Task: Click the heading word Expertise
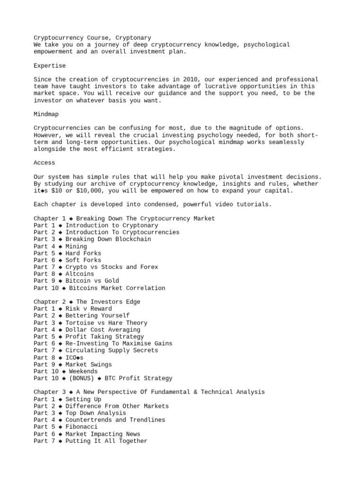pos(50,65)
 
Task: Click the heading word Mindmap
pos(46,114)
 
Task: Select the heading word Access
pos(44,162)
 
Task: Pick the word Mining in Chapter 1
pos(76,246)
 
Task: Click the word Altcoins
pos(80,274)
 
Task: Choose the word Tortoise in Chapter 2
pos(80,323)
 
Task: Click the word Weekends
pos(83,371)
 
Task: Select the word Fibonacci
pos(82,427)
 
